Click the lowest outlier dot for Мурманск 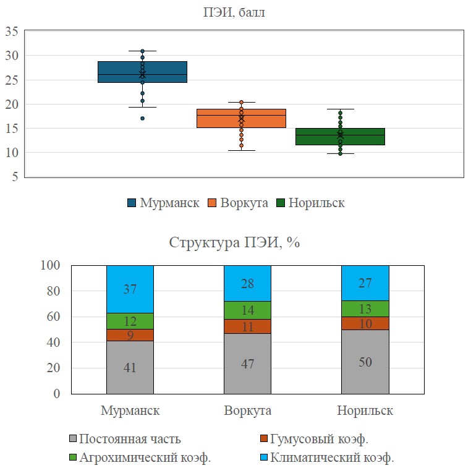(142, 118)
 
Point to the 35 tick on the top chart (12, 32)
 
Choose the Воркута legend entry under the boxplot (238, 203)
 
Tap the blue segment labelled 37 (130, 289)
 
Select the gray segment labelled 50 (365, 361)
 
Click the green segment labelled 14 (247, 310)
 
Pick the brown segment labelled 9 (130, 335)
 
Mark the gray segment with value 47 (247, 363)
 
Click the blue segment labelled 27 (365, 283)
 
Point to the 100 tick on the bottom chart (50, 265)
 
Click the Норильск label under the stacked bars (365, 411)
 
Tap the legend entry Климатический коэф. (341, 458)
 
